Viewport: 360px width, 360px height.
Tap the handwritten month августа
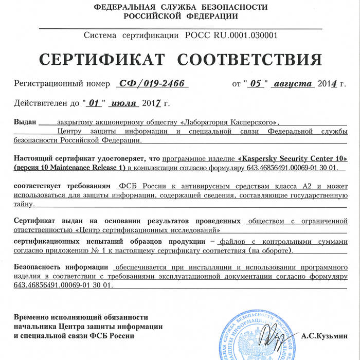293,83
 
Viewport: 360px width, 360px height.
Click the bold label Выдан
25,123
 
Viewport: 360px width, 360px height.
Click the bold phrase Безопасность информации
61,268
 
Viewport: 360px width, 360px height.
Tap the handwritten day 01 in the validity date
94,103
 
